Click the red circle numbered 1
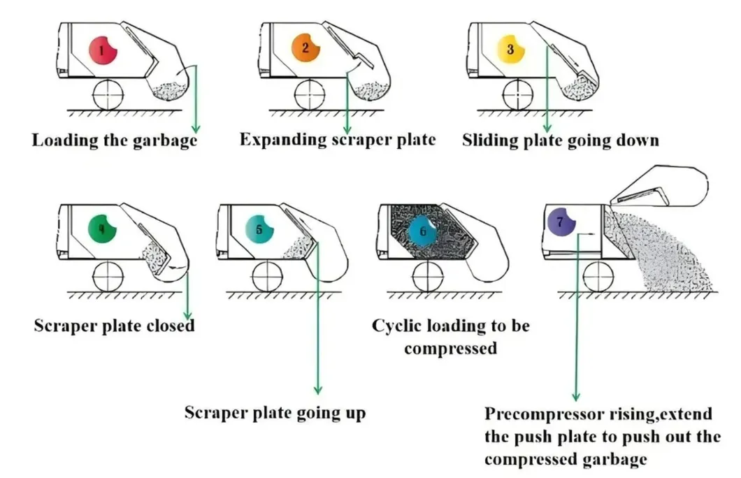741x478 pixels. pyautogui.click(x=103, y=50)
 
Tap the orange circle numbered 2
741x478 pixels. pyautogui.click(x=305, y=50)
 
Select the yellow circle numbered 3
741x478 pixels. pyautogui.click(x=510, y=50)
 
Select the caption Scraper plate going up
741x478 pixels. pyautogui.click(x=275, y=412)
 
